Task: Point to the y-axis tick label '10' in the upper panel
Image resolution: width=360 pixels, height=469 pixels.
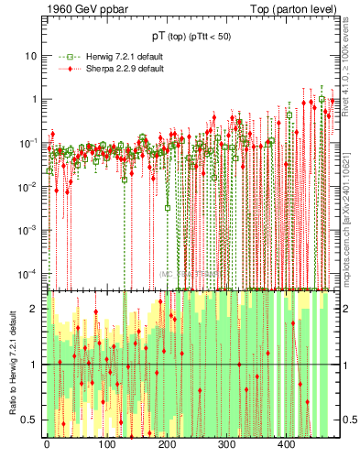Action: (30, 55)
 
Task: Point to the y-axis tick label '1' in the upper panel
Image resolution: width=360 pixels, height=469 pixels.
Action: (34, 99)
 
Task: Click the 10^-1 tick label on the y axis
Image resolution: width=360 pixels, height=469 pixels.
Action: (28, 143)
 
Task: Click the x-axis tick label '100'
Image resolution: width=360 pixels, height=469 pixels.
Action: (107, 446)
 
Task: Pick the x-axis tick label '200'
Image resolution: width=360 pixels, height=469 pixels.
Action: (167, 446)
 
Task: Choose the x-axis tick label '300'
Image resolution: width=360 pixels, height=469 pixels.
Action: (227, 446)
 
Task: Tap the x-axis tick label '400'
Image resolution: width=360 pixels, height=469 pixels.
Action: (287, 446)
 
